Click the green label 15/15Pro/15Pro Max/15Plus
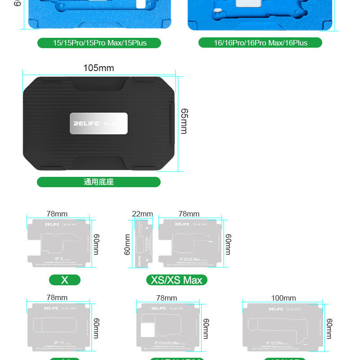click(x=99, y=43)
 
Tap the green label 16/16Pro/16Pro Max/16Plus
click(x=261, y=43)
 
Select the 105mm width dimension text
click(x=99, y=68)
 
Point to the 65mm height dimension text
click(x=184, y=121)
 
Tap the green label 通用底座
click(x=99, y=182)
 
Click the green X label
click(x=65, y=280)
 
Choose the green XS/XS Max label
click(x=176, y=280)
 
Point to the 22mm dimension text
click(x=142, y=214)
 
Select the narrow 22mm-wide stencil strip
click(x=143, y=243)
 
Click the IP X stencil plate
click(x=59, y=243)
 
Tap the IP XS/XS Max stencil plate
click(x=190, y=243)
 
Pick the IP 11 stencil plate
click(x=59, y=327)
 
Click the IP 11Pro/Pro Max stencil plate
click(x=167, y=328)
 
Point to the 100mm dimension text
click(x=283, y=298)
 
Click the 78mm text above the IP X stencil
click(x=57, y=214)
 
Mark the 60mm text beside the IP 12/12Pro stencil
click(x=329, y=328)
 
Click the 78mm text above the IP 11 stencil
click(x=57, y=298)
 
